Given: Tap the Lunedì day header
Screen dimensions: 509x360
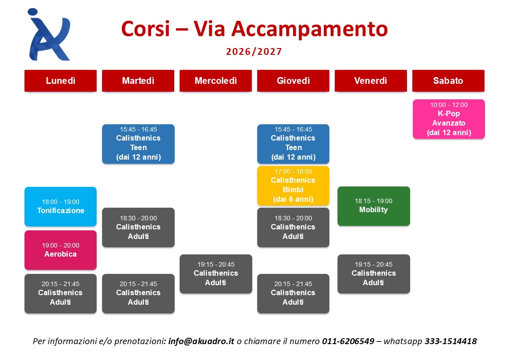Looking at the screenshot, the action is pos(60,80).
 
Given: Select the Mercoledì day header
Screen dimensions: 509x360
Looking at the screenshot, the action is pos(215,80).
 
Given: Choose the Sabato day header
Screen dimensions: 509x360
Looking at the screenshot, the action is pos(448,80).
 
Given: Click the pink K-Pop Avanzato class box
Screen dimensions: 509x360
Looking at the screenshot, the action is pos(449,119).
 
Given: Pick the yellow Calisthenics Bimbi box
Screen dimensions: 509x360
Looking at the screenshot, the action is pos(293,186).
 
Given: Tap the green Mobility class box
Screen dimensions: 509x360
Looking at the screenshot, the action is pos(374,206).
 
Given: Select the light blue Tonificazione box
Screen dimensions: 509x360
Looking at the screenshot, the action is pos(60,206).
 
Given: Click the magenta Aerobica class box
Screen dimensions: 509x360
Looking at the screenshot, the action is pos(60,250).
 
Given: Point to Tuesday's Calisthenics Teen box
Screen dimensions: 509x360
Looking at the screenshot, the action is pos(138,144).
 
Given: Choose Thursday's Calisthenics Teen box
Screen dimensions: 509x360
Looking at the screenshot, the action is pos(293,144).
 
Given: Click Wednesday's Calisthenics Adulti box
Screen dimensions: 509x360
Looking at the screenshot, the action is pos(216,274).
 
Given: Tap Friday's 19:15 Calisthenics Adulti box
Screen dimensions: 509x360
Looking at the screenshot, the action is pos(374,274).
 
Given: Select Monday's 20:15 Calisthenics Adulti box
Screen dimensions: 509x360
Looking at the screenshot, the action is pos(60,293).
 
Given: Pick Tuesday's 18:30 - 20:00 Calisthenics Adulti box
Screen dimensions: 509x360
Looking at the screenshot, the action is pos(138,227).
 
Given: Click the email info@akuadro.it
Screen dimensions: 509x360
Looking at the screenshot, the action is pos(201,341).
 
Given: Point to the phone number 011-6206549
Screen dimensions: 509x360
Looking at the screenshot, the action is pos(348,341).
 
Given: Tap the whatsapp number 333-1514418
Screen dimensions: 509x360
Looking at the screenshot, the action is pos(450,341).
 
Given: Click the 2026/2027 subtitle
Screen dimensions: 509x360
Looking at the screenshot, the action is pos(254,52).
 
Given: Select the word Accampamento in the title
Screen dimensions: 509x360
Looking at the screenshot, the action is pos(310,29).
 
